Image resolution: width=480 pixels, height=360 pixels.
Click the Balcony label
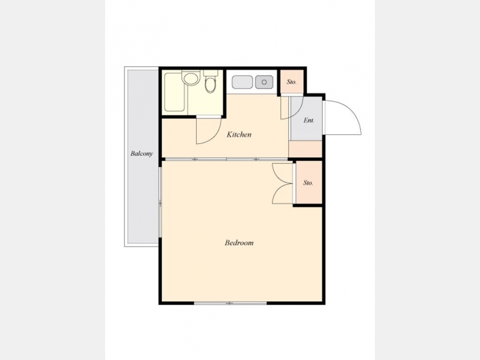141,154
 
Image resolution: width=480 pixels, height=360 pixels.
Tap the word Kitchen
239,134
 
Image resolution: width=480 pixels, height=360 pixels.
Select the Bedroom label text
239,243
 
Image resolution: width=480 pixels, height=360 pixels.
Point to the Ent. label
309,121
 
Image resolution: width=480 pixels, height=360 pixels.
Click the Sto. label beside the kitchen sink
291,82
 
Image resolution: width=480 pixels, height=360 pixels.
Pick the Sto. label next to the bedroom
308,183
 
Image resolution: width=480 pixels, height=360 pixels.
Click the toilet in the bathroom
210,84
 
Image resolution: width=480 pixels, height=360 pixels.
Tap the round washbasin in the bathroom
190,78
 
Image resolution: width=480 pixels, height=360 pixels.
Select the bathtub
174,92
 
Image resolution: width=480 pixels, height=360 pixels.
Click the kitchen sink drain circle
264,82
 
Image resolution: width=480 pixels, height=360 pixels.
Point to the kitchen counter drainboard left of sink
242,82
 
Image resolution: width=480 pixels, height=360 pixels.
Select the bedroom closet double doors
283,183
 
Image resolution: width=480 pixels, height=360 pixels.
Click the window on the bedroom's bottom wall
230,303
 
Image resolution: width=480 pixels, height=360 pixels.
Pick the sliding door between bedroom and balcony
160,202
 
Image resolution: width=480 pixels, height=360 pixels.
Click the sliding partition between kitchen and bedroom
226,159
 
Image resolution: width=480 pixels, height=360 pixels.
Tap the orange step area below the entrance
305,149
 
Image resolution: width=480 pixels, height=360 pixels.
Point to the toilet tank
210,73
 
